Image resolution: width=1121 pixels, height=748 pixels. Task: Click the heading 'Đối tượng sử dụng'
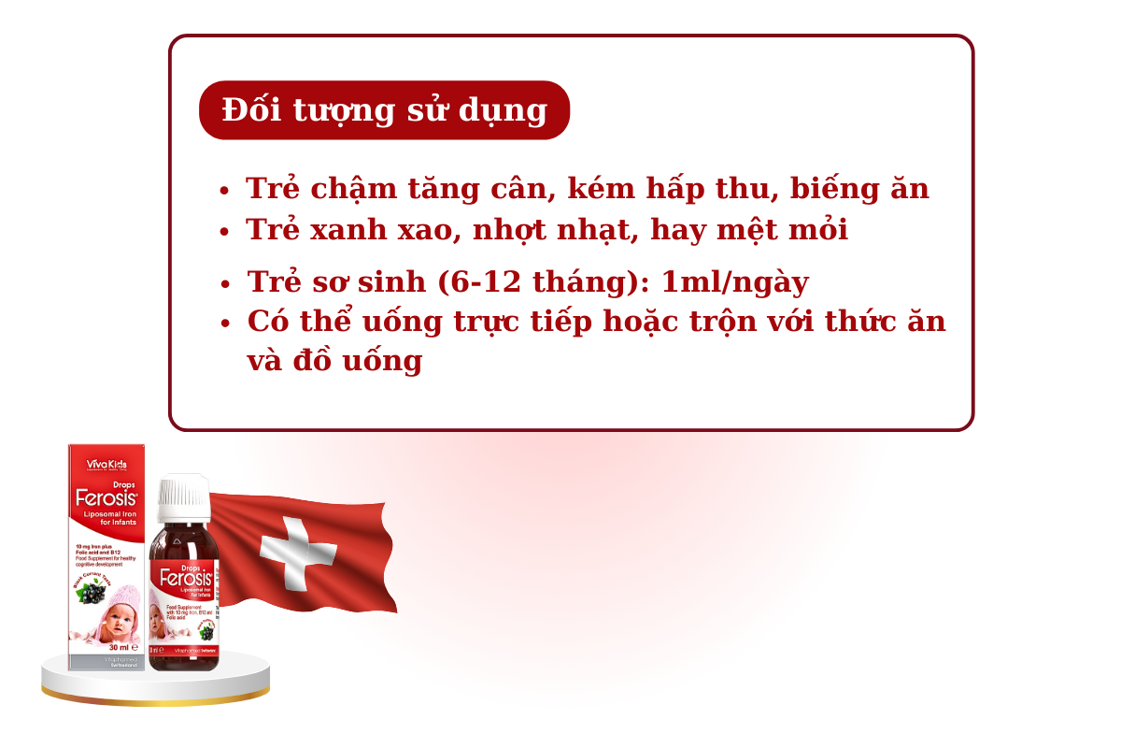[384, 110]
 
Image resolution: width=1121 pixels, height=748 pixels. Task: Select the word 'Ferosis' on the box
[106, 498]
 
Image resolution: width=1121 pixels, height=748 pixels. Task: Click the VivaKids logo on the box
[106, 464]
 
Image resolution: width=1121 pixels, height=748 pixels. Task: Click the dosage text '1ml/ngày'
[735, 281]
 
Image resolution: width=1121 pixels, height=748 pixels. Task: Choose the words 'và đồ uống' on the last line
[334, 361]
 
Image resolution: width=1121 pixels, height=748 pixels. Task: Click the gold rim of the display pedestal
[155, 695]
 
